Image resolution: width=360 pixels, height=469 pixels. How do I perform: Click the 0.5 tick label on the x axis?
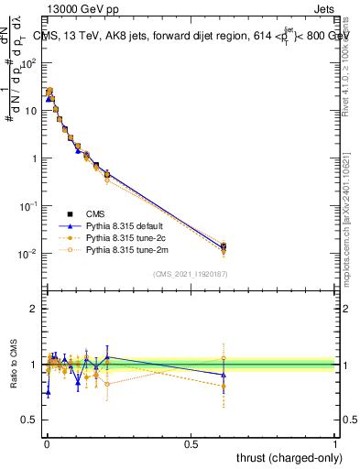tap(191, 442)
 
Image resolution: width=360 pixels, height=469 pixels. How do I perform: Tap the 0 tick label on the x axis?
tap(46, 442)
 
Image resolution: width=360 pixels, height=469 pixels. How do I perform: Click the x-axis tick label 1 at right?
tap(335, 442)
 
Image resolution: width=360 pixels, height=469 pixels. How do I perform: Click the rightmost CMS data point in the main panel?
tap(224, 245)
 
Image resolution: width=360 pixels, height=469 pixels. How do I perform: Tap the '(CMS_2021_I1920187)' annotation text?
tap(190, 274)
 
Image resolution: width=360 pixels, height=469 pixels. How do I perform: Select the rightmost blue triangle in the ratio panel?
tap(224, 374)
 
